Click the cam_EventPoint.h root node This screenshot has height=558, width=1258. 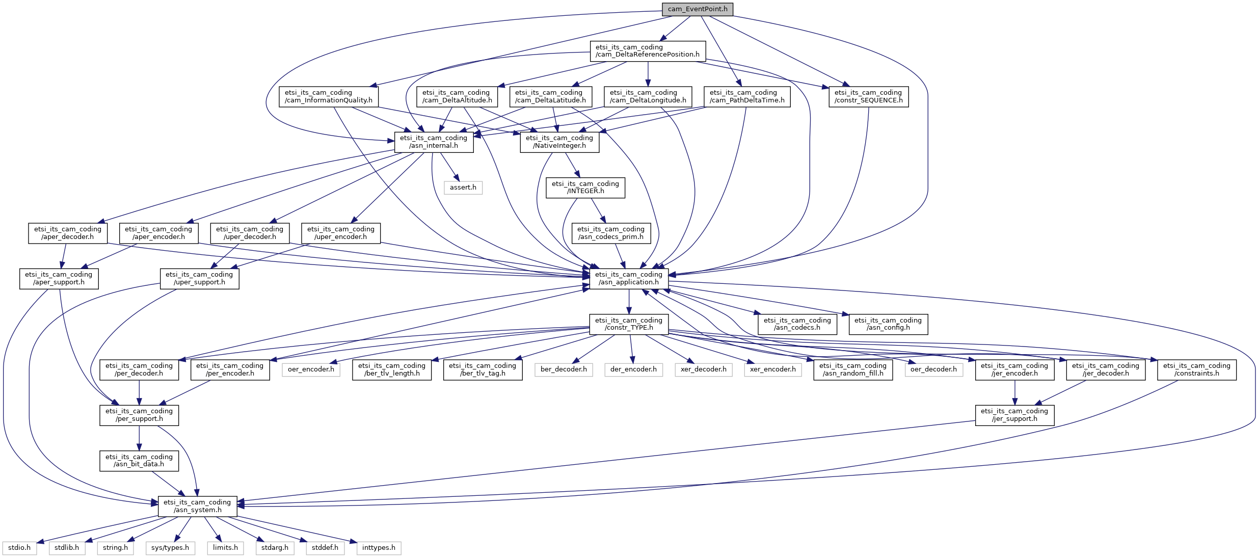[697, 9]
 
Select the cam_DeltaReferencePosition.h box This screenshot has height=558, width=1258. [648, 51]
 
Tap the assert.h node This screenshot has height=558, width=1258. [463, 188]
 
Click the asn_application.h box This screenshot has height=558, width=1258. [629, 278]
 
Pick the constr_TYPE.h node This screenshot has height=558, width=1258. [629, 324]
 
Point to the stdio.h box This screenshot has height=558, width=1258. [19, 548]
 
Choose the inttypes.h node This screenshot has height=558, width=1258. [379, 548]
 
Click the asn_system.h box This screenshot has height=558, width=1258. [197, 506]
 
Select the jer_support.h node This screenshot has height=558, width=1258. [1014, 415]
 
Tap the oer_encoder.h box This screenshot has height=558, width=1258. [311, 369]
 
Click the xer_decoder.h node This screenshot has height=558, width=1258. [703, 369]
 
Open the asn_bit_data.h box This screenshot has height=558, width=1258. [139, 461]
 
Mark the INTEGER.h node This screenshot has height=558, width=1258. [585, 188]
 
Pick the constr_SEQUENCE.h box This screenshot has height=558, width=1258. [868, 96]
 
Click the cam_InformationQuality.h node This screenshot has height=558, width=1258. [329, 96]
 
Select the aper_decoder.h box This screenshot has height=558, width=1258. [67, 233]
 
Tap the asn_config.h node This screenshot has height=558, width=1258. [888, 324]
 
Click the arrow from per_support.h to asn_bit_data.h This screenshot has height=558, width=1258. [139, 438]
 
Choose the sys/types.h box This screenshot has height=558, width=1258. [170, 548]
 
